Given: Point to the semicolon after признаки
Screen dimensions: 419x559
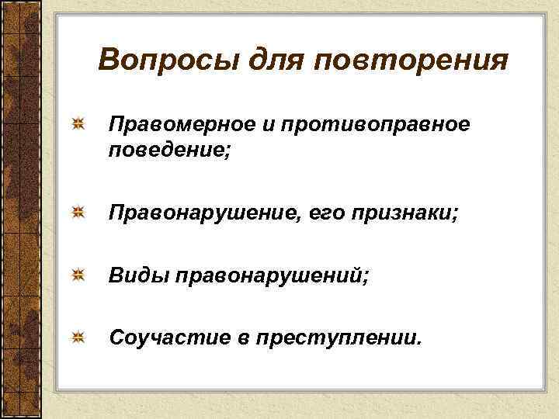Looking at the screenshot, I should click(x=456, y=213).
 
